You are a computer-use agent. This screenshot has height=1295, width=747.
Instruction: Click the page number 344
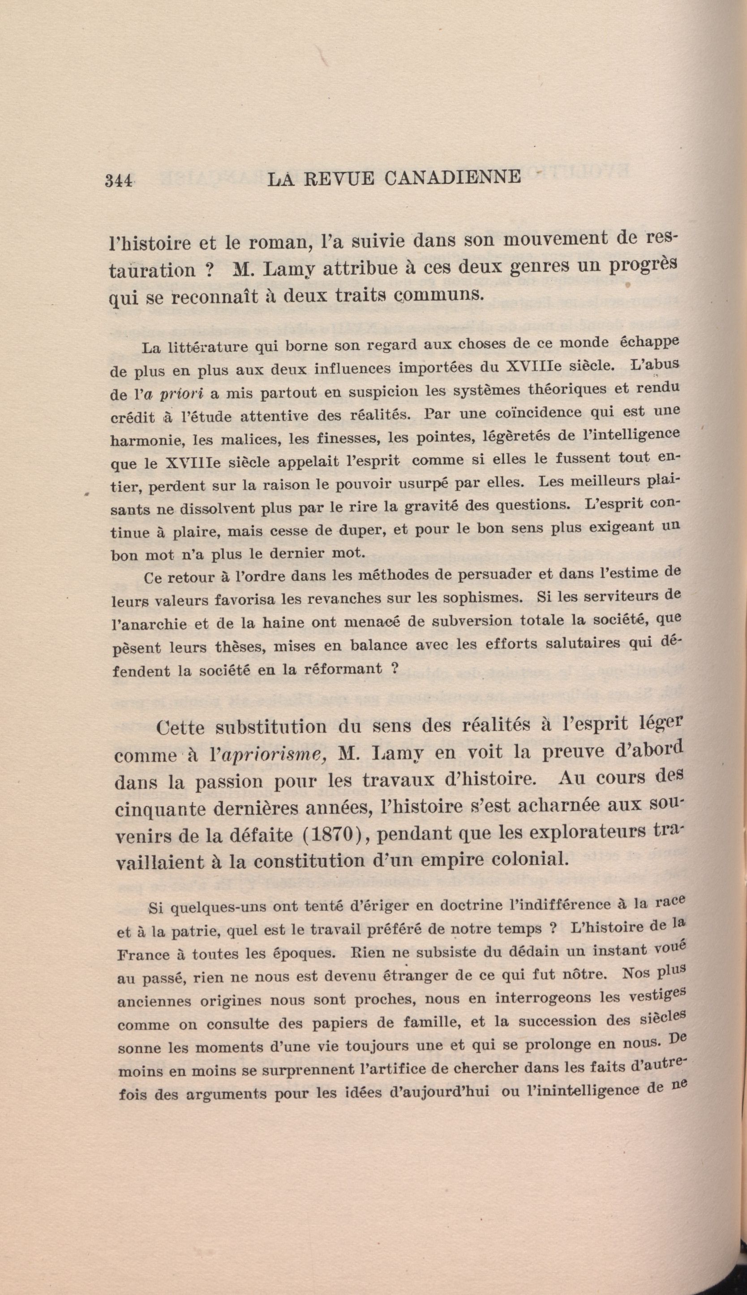[x=119, y=180]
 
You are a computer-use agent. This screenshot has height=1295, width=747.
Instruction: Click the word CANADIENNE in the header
[x=452, y=177]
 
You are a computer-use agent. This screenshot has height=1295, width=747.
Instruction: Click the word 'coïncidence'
[x=532, y=413]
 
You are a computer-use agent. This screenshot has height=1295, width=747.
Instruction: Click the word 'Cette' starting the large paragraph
[x=180, y=728]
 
